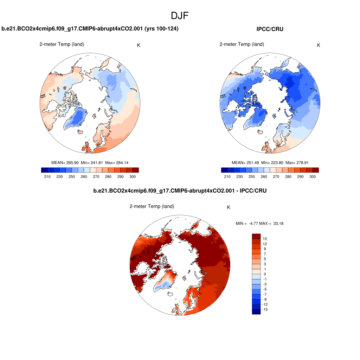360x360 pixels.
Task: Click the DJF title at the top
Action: tap(180, 16)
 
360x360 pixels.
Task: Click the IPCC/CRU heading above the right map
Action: tap(270, 29)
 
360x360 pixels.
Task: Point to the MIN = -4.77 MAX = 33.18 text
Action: tap(259, 224)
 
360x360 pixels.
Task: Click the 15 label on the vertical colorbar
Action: tap(265, 239)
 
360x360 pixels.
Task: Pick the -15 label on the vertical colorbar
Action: tap(265, 309)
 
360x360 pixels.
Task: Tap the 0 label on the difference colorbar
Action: tap(264, 274)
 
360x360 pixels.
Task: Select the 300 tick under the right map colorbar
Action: tap(313, 176)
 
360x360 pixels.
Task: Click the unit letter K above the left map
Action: tap(139, 45)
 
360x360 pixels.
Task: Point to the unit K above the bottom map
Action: tap(229, 207)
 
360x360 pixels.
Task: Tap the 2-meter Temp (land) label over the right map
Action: tap(242, 44)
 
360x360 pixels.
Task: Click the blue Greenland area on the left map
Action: tap(77, 118)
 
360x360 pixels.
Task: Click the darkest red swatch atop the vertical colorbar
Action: tap(256, 236)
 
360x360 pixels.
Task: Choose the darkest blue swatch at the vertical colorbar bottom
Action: tap(256, 311)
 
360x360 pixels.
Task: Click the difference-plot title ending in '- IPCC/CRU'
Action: tap(180, 191)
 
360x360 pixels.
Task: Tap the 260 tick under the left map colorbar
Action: tap(84, 176)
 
